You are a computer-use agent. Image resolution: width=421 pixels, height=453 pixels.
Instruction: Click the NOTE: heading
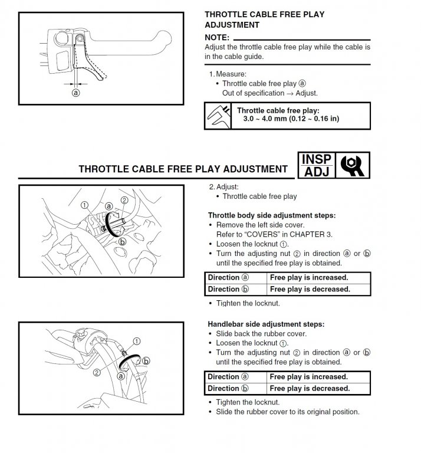pos(216,37)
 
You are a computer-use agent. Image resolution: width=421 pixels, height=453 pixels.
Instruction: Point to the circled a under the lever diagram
pos(75,93)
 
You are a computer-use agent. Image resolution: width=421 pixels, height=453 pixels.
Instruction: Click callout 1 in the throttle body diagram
pos(85,205)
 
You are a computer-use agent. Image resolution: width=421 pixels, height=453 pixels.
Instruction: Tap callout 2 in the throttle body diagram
pos(124,200)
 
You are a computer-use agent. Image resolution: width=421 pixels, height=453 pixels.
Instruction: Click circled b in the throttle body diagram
pos(122,241)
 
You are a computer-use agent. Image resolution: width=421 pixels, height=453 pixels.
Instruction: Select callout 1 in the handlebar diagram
pos(137,341)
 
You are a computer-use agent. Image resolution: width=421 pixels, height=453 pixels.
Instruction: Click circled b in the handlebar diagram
pos(146,360)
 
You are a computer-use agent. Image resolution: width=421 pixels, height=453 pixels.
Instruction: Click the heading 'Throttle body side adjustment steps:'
pos(272,215)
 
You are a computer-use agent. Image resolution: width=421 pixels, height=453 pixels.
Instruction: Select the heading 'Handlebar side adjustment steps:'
pos(266,324)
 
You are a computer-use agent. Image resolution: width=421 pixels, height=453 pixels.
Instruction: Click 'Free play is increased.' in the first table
pos(309,277)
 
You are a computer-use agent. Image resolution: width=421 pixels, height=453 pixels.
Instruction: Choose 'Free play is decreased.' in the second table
pos(309,389)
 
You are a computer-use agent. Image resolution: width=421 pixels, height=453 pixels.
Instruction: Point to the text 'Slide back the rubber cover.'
pos(263,333)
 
